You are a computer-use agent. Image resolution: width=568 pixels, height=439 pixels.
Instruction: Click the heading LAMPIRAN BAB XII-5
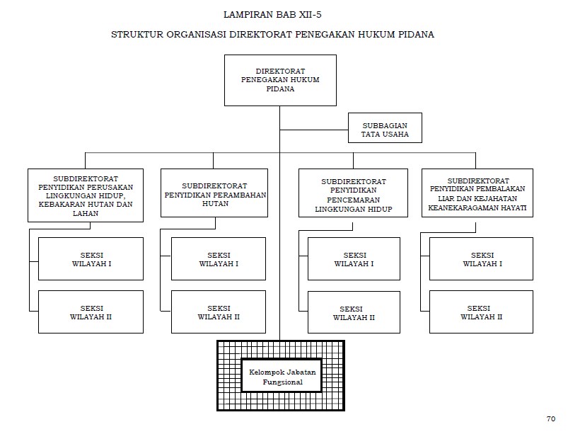click(272, 13)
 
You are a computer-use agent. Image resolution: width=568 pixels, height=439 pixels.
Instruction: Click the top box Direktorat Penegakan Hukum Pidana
click(279, 79)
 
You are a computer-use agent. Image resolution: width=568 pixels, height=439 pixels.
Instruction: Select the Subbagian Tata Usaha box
click(385, 129)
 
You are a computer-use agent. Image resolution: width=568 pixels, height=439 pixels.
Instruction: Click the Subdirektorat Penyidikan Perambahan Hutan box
click(214, 193)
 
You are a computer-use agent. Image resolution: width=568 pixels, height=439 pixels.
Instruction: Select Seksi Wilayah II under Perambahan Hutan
click(218, 312)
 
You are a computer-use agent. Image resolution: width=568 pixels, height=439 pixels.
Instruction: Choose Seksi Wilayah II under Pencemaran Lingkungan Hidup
click(354, 312)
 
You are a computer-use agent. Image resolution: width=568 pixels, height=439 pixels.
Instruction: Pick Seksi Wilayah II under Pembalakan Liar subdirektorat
click(481, 312)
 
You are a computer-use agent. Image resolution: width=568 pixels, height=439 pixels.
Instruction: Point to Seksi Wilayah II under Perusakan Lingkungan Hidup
click(91, 312)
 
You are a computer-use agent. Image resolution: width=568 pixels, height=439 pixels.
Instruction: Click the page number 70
click(550, 419)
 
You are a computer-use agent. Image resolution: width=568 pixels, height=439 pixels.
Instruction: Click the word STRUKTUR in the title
click(135, 35)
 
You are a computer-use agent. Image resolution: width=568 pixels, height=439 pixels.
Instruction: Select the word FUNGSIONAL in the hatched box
click(282, 382)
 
